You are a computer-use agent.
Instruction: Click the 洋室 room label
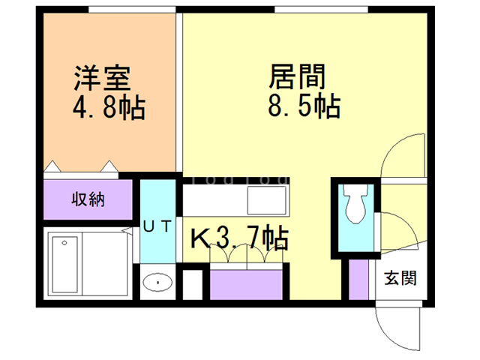(x=102, y=78)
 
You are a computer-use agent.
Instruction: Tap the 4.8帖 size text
(x=109, y=107)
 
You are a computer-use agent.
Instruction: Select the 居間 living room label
(x=297, y=76)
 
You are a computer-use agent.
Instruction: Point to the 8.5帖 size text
(x=304, y=106)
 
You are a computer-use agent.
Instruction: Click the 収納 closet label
(x=88, y=199)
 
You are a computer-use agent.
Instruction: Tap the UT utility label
(x=157, y=226)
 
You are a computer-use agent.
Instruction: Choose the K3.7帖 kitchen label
(x=239, y=238)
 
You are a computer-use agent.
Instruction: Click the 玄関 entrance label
(x=400, y=278)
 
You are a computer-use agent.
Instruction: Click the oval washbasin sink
(x=157, y=282)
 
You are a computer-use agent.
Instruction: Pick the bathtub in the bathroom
(x=65, y=264)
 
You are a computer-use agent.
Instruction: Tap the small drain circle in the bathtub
(x=64, y=243)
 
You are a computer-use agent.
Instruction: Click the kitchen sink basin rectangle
(x=267, y=200)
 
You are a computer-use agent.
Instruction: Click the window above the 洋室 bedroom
(x=132, y=10)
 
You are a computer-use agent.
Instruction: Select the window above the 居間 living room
(x=321, y=10)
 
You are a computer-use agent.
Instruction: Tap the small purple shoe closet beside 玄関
(x=358, y=280)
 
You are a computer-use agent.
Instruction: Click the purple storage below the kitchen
(x=246, y=285)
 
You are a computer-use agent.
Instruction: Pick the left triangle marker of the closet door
(x=52, y=166)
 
